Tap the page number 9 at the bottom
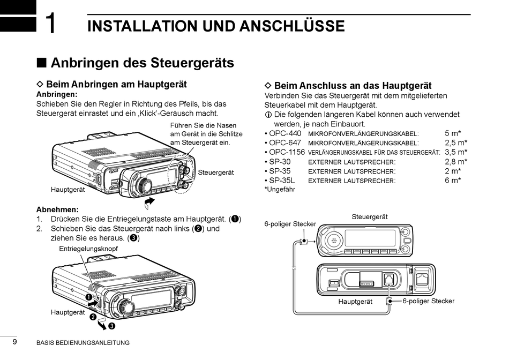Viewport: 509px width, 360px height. pyautogui.click(x=14, y=342)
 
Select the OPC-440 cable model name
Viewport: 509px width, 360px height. pyautogui.click(x=285, y=133)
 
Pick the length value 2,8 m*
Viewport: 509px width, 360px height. pyautogui.click(x=455, y=161)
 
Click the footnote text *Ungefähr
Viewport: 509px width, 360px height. pyautogui.click(x=280, y=189)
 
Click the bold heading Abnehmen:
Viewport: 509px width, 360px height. pyautogui.click(x=57, y=209)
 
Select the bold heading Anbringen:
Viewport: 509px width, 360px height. pyautogui.click(x=57, y=94)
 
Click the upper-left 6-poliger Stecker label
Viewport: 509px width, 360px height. pyautogui.click(x=290, y=224)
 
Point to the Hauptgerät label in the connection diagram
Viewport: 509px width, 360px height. pyautogui.click(x=355, y=302)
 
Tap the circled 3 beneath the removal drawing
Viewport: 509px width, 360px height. pyautogui.click(x=111, y=325)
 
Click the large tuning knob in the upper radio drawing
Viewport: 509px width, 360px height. pyautogui.click(x=144, y=185)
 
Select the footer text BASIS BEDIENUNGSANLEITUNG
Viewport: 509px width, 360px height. pyautogui.click(x=83, y=343)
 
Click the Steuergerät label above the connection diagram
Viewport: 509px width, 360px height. pyautogui.click(x=370, y=216)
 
